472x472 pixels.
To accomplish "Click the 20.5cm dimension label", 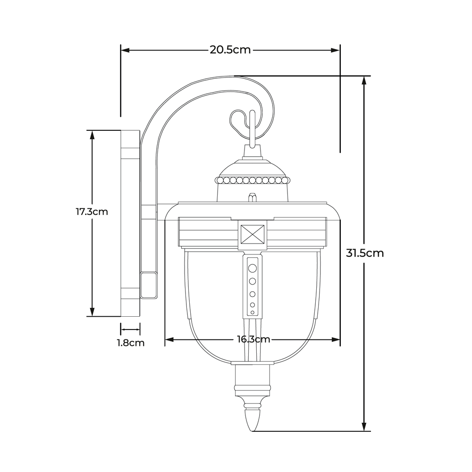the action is coord(230,50).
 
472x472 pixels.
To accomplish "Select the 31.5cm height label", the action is coord(365,253).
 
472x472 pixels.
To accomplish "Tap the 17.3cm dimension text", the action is coord(92,211).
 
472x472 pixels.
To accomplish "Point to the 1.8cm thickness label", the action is coord(131,343).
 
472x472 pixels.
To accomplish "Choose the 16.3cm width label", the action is coord(253,339).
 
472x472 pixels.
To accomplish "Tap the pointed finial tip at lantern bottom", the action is coord(252,430).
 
